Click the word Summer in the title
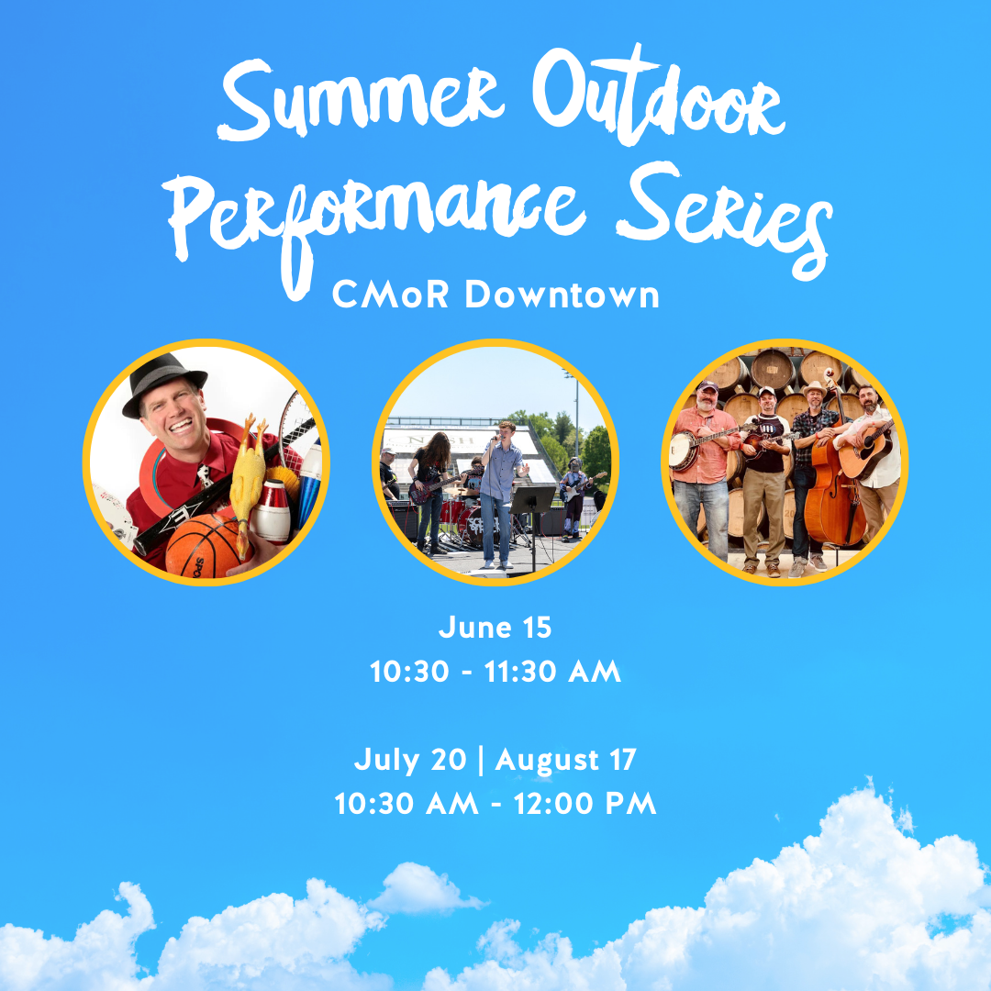(362, 100)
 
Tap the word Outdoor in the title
(658, 95)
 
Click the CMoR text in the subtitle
(391, 295)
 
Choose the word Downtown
(562, 295)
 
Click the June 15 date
(495, 628)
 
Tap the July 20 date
(410, 761)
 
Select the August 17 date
(565, 761)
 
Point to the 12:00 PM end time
(585, 804)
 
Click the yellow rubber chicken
(248, 480)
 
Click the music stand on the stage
(532, 518)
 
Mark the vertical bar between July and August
(482, 761)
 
